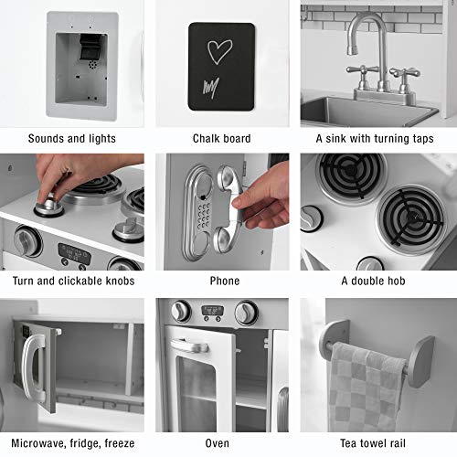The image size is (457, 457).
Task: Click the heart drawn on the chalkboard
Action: pos(219,52)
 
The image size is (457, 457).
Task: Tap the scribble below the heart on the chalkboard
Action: pos(211,86)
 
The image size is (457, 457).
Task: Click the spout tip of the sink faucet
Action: pos(352,49)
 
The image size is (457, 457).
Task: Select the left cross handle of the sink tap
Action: pos(363,69)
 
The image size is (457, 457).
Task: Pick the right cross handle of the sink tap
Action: pos(405,73)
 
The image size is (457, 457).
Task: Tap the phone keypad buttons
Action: pos(204,215)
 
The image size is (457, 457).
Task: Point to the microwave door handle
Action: pos(34,367)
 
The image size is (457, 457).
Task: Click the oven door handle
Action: pos(189,345)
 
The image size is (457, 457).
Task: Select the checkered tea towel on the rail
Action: pos(367,388)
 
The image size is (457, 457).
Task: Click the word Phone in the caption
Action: pos(225,281)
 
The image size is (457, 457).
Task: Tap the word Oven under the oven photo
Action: pos(217,443)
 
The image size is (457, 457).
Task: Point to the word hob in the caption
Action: pos(394,281)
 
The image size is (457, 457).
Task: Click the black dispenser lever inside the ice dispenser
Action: pos(90,47)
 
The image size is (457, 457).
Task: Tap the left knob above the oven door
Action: pos(181,312)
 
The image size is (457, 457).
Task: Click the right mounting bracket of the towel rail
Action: pos(420,362)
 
